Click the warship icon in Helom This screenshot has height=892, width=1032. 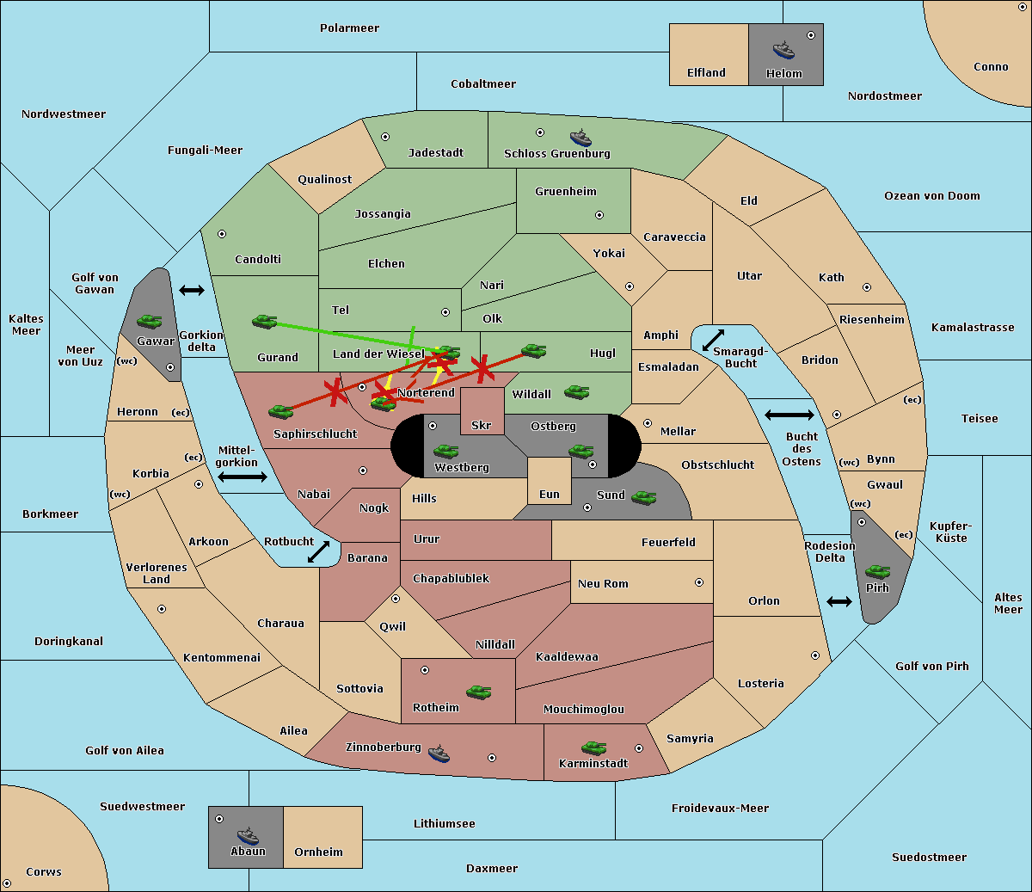783,49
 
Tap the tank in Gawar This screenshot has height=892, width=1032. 150,321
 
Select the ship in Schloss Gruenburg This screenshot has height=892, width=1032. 581,138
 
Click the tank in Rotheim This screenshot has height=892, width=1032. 479,692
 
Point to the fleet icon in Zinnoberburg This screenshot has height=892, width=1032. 439,754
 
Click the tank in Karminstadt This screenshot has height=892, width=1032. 593,748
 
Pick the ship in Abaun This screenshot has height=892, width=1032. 248,835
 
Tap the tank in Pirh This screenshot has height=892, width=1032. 878,572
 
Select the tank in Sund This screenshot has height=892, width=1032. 644,497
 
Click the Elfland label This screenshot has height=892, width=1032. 706,73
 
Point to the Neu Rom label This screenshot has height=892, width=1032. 603,584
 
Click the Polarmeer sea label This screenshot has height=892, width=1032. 349,28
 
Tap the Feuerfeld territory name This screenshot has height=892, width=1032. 668,543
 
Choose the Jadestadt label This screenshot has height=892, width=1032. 435,153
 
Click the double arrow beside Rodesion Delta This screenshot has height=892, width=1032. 839,601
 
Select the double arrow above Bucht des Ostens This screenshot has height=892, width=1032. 789,415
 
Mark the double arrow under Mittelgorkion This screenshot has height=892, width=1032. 243,477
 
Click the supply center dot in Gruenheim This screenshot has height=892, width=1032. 599,215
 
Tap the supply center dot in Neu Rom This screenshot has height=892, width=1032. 699,582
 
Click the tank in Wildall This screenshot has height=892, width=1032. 577,392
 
